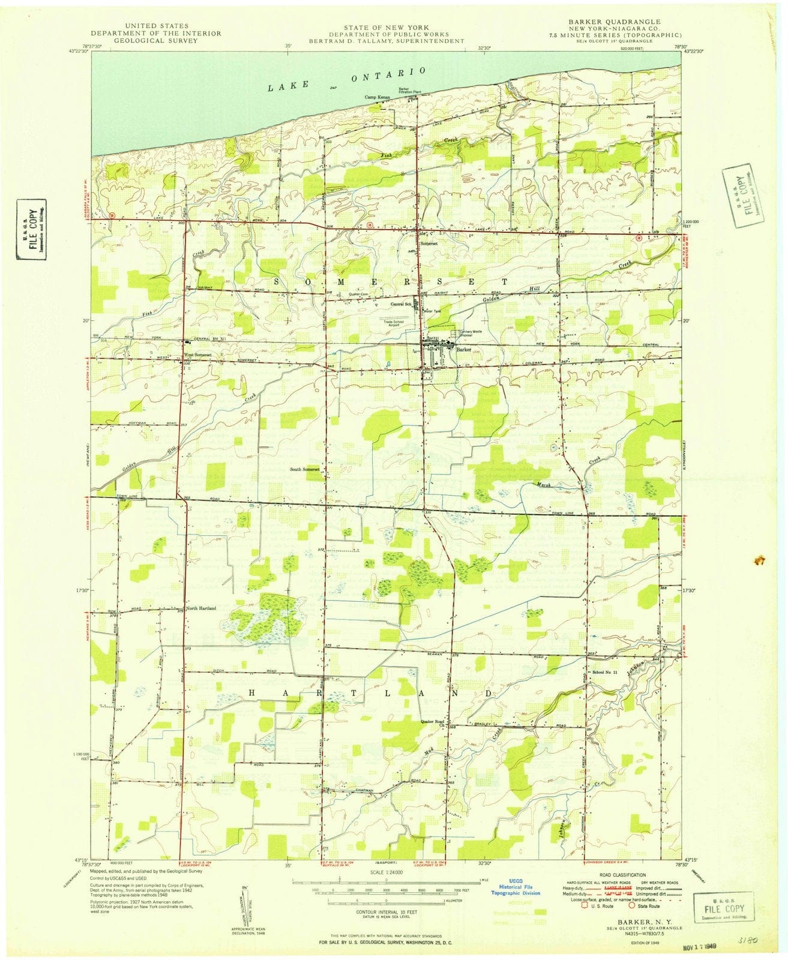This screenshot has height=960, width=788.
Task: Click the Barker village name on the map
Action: (x=463, y=349)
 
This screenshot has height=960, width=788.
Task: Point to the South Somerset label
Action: (x=305, y=469)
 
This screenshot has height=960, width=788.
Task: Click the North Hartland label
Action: (x=201, y=608)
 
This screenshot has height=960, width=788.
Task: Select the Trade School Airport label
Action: (x=397, y=324)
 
